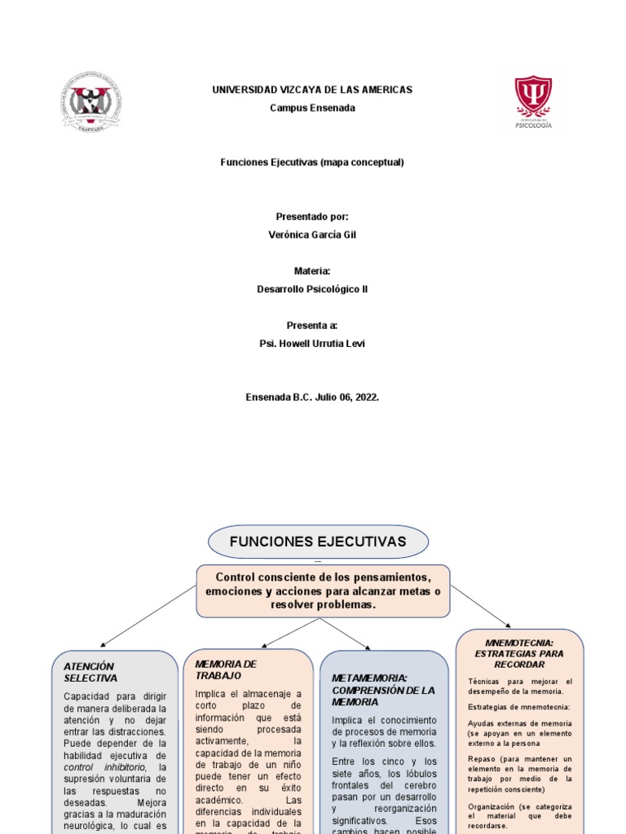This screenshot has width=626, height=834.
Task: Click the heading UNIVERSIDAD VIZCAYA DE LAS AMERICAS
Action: coord(312,90)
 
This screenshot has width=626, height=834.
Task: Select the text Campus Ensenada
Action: coord(312,108)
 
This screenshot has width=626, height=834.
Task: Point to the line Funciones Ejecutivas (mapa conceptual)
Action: coord(312,162)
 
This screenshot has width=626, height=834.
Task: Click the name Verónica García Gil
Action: coord(312,235)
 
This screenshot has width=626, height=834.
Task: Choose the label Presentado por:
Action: coord(312,217)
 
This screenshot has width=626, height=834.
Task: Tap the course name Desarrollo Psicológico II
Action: coord(312,289)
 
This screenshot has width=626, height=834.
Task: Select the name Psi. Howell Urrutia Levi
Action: coord(312,344)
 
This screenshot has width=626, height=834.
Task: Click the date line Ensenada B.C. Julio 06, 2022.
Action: coord(312,397)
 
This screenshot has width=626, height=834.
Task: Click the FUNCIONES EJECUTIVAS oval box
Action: coord(318,542)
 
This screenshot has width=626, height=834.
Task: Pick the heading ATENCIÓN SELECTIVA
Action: coord(91,672)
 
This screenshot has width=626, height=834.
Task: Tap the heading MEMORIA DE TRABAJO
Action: coord(227,669)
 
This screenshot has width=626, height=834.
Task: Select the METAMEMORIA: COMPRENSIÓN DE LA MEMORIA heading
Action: coord(383,689)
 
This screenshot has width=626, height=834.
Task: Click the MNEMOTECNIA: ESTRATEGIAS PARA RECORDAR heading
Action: coord(519,653)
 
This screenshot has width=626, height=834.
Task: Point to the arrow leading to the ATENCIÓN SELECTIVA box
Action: coord(147,616)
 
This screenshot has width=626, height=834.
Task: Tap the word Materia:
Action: coord(312,271)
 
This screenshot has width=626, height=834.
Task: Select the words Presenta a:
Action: coord(312,325)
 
